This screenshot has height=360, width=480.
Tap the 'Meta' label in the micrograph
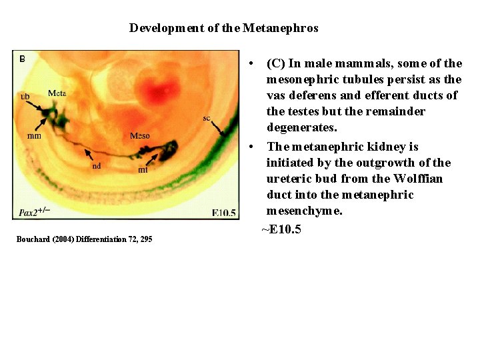tap(57, 93)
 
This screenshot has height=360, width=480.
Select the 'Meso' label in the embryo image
tap(139, 136)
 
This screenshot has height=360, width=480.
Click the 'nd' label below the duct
tap(96, 166)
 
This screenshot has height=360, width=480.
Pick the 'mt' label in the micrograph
tap(143, 170)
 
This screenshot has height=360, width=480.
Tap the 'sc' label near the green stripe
tap(207, 118)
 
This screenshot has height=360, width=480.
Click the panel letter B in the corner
tap(22, 59)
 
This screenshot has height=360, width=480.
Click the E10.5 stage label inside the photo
tap(224, 213)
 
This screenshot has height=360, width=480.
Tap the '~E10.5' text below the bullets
tap(281, 229)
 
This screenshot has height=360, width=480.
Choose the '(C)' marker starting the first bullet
tap(275, 63)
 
